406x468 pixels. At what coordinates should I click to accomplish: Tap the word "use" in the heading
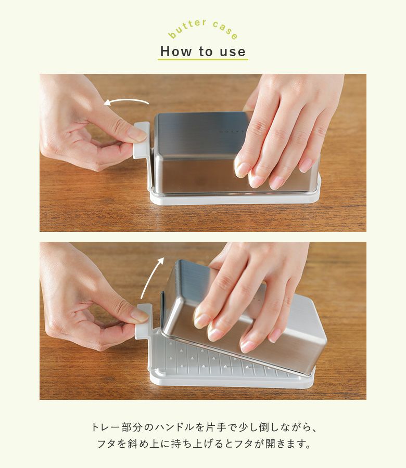[x=233, y=51]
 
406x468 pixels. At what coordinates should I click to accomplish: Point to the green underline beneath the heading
[x=203, y=59]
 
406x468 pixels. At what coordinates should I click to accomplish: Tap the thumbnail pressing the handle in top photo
[x=137, y=134]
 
